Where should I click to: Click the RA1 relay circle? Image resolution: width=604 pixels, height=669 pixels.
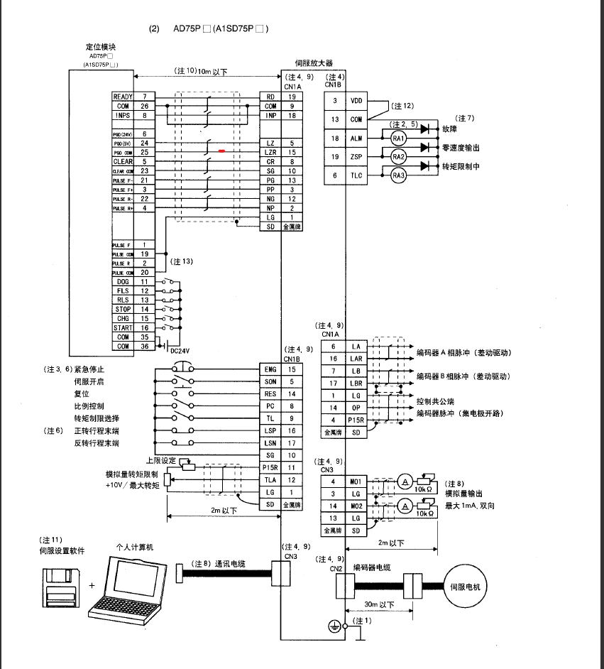pyautogui.click(x=398, y=138)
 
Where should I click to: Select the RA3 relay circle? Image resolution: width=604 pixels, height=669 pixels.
pyautogui.click(x=398, y=175)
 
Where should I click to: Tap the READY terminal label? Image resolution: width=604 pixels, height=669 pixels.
pyautogui.click(x=123, y=96)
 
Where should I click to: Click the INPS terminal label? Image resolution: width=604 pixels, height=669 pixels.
pyautogui.click(x=123, y=114)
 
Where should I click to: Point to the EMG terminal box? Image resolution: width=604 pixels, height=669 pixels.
pyautogui.click(x=270, y=369)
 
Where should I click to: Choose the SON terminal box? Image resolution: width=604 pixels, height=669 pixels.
pyautogui.click(x=270, y=381)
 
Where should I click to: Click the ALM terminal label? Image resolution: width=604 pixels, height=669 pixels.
pyautogui.click(x=356, y=138)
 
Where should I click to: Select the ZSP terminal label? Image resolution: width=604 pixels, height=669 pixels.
pyautogui.click(x=356, y=156)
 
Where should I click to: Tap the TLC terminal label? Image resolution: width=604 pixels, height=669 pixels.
pyautogui.click(x=356, y=175)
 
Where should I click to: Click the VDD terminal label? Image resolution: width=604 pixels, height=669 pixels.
pyautogui.click(x=356, y=102)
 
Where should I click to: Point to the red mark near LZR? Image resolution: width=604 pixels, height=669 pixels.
pyautogui.click(x=222, y=151)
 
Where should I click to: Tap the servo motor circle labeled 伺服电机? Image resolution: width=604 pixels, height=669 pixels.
pyautogui.click(x=466, y=587)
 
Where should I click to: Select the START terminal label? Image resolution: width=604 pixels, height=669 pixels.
pyautogui.click(x=123, y=328)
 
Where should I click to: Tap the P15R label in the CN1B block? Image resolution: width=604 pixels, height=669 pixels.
pyautogui.click(x=270, y=467)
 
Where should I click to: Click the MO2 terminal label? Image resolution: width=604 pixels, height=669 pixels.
pyautogui.click(x=356, y=506)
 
